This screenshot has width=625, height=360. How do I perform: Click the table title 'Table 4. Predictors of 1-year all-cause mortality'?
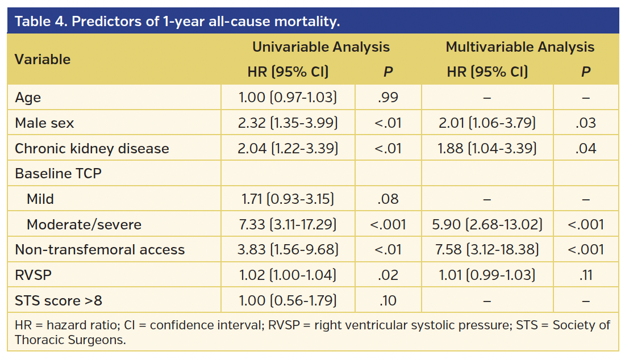click(177, 22)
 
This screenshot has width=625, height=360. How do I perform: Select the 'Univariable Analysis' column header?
click(321, 47)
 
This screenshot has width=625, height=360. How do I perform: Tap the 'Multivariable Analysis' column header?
click(520, 47)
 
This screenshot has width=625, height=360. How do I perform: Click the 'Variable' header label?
click(43, 60)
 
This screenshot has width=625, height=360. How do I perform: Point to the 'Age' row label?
click(28, 98)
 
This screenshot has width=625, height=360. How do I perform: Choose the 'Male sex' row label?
click(44, 123)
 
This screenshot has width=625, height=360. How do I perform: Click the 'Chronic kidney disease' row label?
click(92, 149)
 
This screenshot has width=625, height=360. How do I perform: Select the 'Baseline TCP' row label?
click(58, 174)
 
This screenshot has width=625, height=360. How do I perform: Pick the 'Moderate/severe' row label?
click(84, 224)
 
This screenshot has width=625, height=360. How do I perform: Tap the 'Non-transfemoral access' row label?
click(99, 250)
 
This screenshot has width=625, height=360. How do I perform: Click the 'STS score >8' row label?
click(59, 300)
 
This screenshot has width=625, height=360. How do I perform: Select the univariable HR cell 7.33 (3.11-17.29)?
click(288, 224)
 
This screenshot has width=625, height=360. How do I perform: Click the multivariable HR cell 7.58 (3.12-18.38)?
click(487, 250)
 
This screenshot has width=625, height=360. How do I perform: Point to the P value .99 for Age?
click(388, 98)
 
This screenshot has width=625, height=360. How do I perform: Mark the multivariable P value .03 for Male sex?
click(586, 123)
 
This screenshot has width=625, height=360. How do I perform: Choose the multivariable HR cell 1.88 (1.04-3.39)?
click(487, 149)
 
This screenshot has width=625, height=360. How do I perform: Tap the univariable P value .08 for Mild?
click(388, 199)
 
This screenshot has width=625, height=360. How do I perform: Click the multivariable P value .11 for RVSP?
click(586, 275)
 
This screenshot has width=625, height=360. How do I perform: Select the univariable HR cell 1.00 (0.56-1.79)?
click(288, 300)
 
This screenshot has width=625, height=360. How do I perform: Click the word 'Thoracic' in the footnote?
click(38, 340)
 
